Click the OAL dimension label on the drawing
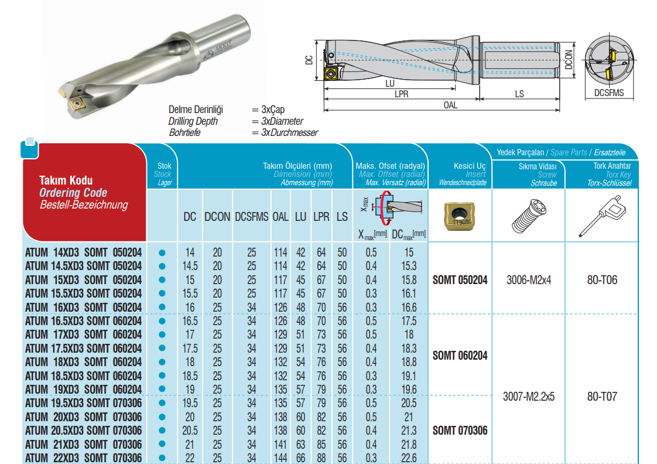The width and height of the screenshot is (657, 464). pos(450,105)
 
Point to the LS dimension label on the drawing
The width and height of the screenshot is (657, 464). pos(519,94)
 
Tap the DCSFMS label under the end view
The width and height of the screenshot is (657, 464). pos(609,93)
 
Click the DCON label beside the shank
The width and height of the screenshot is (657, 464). pos(569,60)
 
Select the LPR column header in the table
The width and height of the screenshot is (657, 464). pos(321,217)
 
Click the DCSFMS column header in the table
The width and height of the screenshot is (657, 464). pos(251,217)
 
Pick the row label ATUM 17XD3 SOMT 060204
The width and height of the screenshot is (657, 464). pos(83,335)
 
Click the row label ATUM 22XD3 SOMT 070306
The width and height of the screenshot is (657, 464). pos(83,458)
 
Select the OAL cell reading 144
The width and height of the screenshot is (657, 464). pos(280,458)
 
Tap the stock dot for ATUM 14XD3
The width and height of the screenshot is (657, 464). pos(162,253)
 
